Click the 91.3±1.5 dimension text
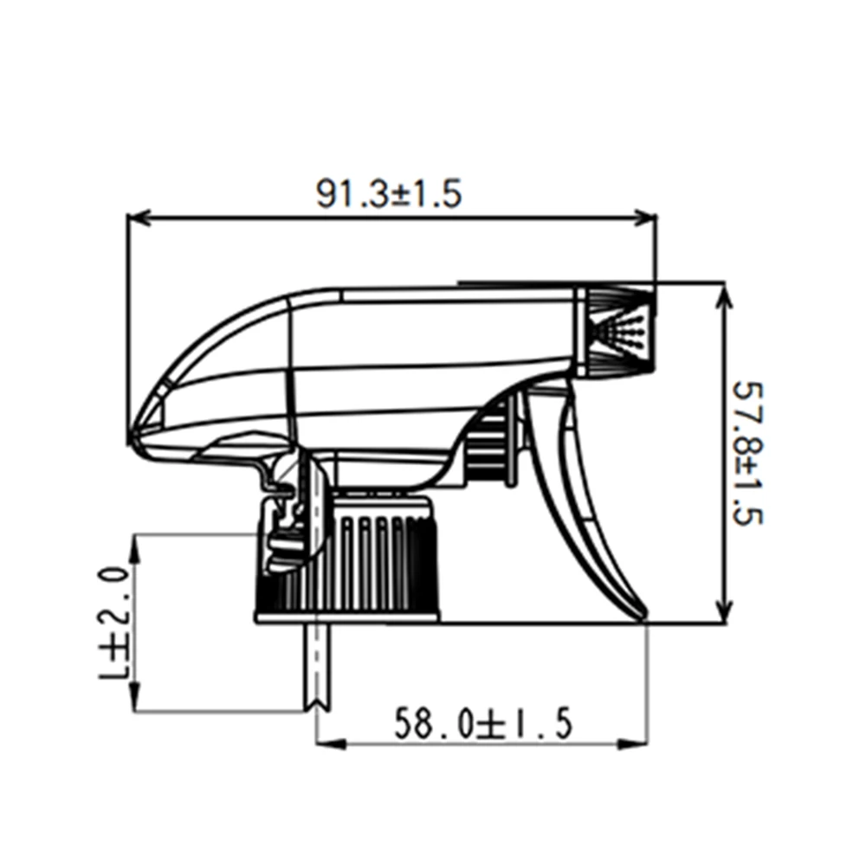click(388, 193)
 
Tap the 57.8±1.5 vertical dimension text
click(746, 454)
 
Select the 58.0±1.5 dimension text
click(483, 723)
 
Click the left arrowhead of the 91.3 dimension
click(139, 217)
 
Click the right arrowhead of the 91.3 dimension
click(644, 217)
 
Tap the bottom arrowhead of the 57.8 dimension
click(725, 610)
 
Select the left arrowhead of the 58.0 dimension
click(330, 744)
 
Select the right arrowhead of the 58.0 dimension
click(634, 744)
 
